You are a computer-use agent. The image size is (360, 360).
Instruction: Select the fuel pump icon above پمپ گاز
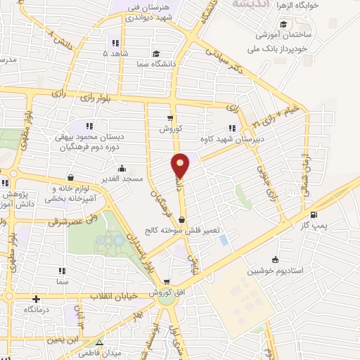click(313, 215)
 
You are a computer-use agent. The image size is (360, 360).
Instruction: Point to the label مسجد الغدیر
click(123, 179)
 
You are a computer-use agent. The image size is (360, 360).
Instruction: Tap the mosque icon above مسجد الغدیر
click(122, 168)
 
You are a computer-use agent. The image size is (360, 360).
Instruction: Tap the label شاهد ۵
click(115, 53)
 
